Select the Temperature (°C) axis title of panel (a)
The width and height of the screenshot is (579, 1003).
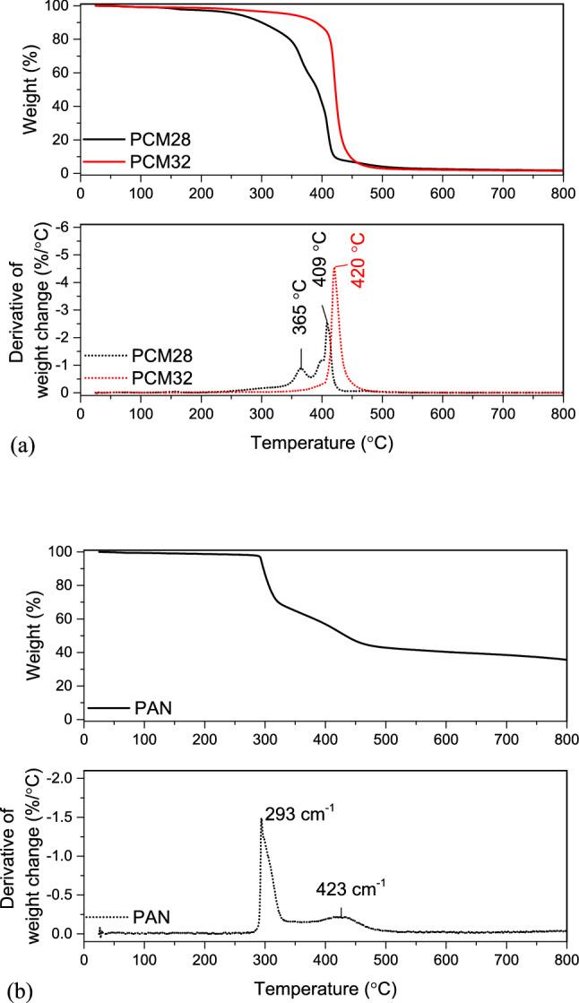pos(322,442)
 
